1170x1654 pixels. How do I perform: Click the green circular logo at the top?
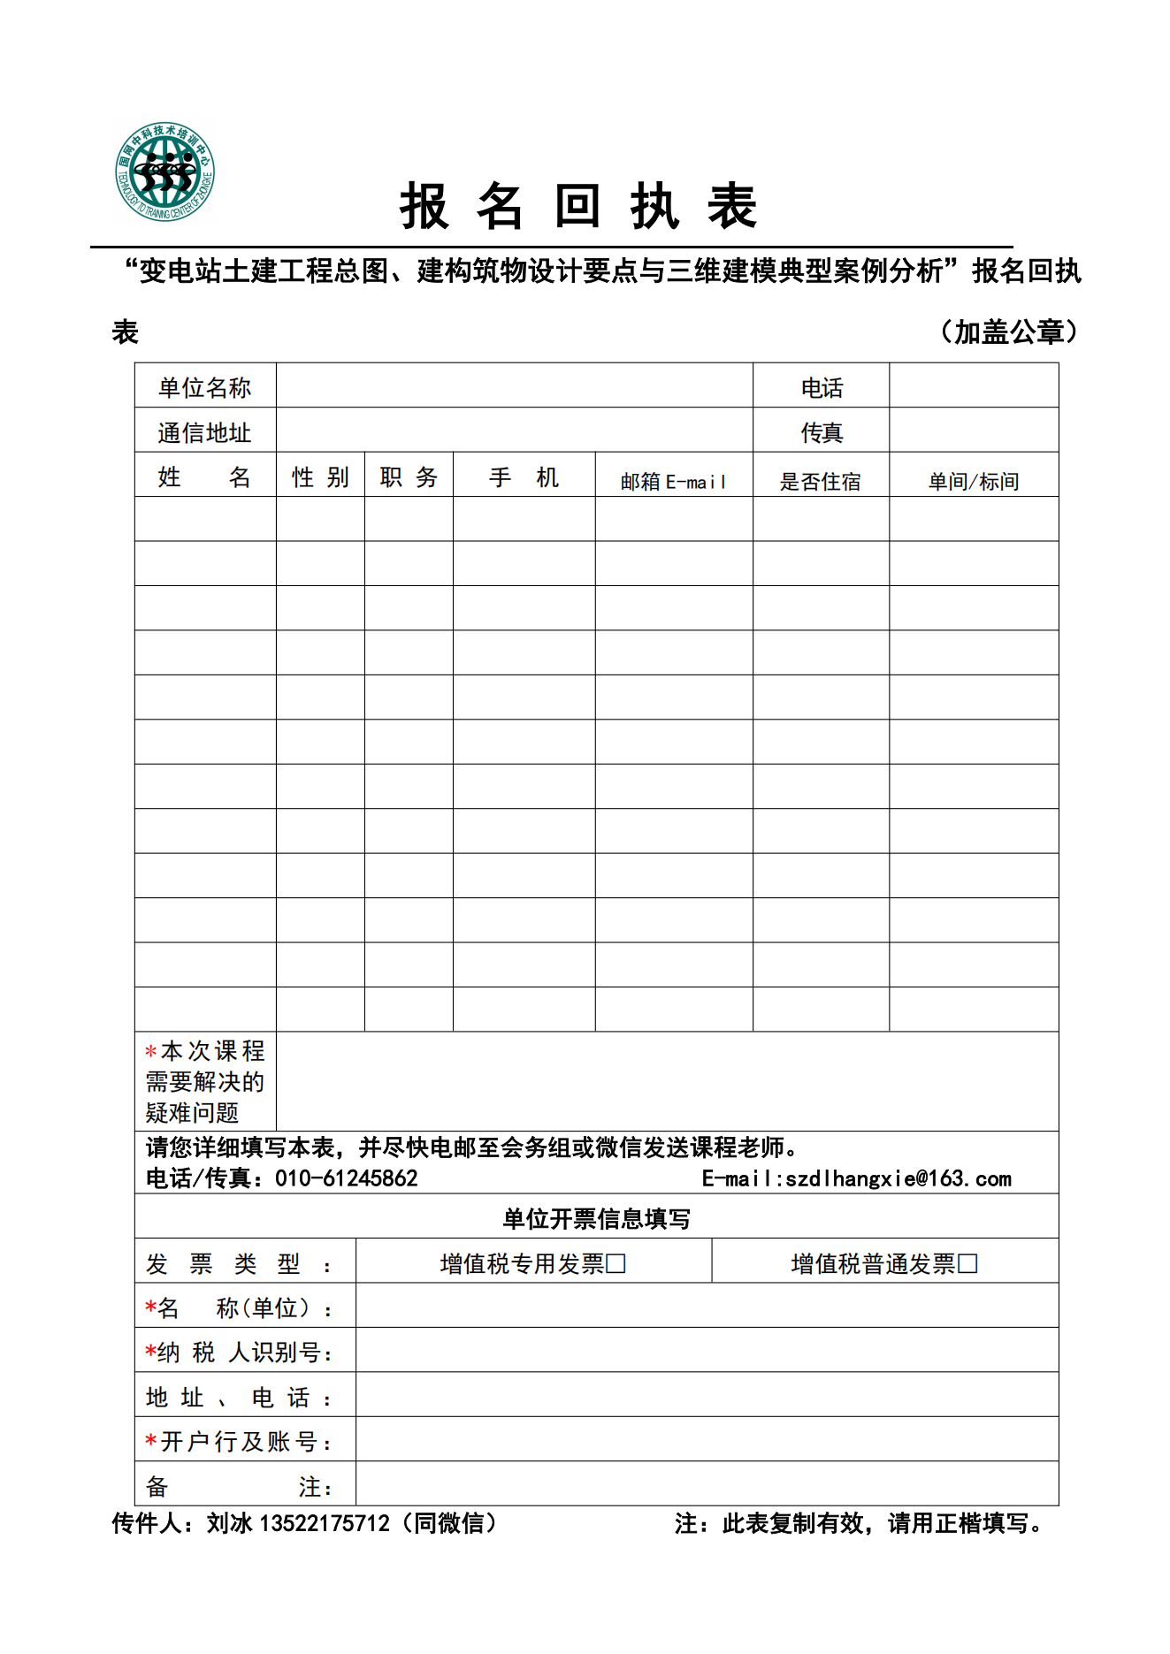pos(164,171)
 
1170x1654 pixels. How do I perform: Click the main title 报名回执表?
pos(578,207)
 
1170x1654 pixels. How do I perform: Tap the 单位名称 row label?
pos(204,387)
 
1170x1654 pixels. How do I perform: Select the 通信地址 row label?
pos(204,432)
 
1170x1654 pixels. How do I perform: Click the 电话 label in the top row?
pos(822,387)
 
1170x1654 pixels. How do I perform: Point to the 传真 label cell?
pos(822,432)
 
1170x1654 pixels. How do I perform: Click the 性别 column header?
pos(320,477)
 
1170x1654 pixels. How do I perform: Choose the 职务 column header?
pos(409,477)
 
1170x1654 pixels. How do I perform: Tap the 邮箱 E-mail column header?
pos(673,481)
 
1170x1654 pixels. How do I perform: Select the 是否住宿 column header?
pos(820,481)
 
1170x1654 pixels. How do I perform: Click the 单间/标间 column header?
pos(973,481)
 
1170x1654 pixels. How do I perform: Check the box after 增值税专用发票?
pos(616,1263)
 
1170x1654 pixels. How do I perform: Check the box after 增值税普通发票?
pos(967,1263)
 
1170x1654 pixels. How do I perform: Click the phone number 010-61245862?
pos(346,1178)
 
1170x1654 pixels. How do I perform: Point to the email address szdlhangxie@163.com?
pos(898,1178)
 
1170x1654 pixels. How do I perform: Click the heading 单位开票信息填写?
pos(596,1218)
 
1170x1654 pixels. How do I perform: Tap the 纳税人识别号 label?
pos(240,1352)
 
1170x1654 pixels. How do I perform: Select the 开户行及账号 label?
pos(240,1441)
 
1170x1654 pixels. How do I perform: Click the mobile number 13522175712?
pos(324,1522)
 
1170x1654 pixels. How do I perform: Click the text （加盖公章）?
pos(1008,332)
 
